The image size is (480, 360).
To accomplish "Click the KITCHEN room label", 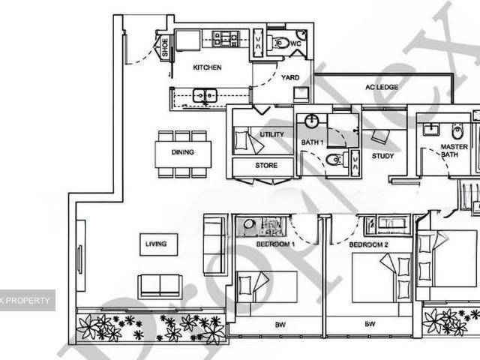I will tap(207, 67).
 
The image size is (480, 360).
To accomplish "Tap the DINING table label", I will tap(182, 152).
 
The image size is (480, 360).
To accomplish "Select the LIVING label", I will tap(157, 244).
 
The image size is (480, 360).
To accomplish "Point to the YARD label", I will tap(290, 77).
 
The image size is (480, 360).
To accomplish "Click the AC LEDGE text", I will tap(382, 87).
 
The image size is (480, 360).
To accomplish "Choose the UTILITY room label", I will tap(271, 134).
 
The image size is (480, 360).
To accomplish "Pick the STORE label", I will tap(265, 165).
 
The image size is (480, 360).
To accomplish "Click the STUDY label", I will tap(383, 156).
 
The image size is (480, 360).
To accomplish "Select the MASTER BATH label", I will tap(454, 151).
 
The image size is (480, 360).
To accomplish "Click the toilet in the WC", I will tap(281, 43).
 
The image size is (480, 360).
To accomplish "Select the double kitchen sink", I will tap(204, 95).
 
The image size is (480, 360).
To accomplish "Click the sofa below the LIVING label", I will tap(160, 286).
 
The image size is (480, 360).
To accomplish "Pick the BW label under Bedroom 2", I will tap(369, 325).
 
